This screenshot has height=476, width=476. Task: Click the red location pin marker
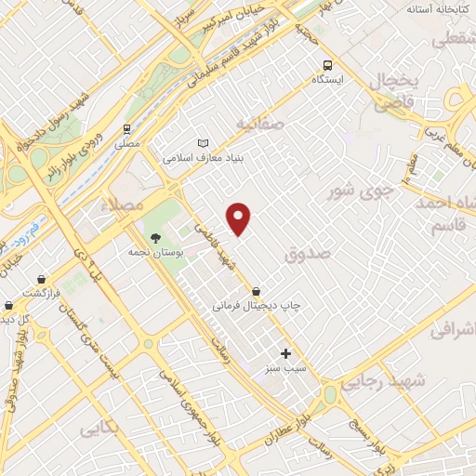[240, 218]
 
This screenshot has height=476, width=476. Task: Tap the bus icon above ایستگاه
[327, 64]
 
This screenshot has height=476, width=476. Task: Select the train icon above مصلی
[126, 130]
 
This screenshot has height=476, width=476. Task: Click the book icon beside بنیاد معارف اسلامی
[205, 143]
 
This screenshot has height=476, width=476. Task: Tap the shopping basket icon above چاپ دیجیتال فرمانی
[256, 291]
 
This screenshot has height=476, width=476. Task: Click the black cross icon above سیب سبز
[285, 353]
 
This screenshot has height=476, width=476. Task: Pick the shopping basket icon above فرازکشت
[42, 279]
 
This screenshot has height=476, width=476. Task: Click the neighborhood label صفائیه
[258, 123]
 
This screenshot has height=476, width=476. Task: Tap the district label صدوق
[310, 251]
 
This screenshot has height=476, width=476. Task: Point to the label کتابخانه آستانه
[439, 8]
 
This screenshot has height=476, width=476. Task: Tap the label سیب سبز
[287, 368]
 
